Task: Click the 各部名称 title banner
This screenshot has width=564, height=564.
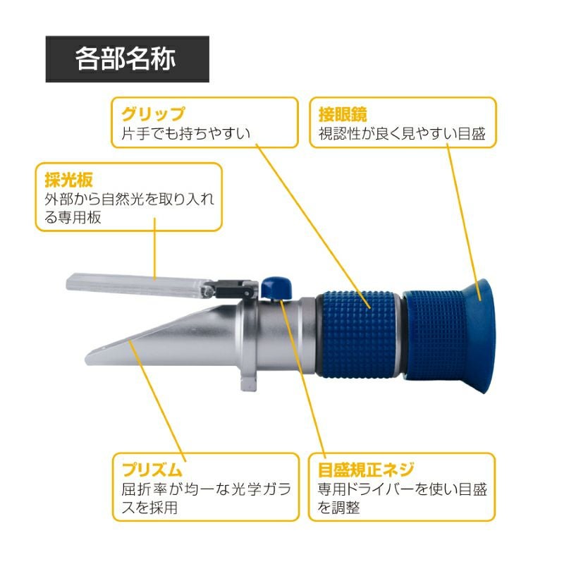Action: [128, 59]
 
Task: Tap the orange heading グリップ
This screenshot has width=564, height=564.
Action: [153, 114]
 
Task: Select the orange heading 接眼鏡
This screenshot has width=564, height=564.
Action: [343, 114]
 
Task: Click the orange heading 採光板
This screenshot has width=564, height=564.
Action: [68, 180]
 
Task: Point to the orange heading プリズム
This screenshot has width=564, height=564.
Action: [152, 470]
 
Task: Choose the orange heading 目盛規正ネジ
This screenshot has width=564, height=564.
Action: [366, 470]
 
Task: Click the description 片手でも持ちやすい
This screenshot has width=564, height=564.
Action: [185, 133]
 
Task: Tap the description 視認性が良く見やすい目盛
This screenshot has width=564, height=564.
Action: [402, 133]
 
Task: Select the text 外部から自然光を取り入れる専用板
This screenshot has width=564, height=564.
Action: [129, 208]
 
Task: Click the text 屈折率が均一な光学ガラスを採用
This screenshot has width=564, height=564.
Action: [206, 498]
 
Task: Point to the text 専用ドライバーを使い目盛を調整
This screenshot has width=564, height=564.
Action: [402, 498]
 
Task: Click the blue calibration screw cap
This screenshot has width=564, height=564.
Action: [276, 288]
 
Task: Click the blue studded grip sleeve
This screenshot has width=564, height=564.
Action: [359, 334]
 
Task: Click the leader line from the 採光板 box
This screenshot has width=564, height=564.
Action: [154, 248]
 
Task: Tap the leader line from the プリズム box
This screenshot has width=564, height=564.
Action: [157, 401]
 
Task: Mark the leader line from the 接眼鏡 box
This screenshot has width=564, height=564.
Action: [464, 222]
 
